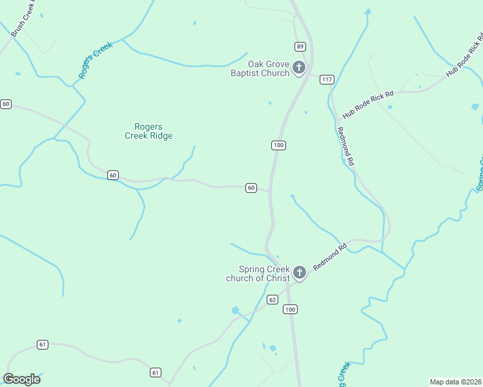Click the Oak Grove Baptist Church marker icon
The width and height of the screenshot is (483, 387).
(299, 67)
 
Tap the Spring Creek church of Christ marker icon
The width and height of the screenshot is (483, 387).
(299, 273)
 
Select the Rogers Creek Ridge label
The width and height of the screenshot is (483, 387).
(149, 131)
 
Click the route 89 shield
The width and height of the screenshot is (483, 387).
(300, 46)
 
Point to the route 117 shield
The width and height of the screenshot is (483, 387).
(327, 79)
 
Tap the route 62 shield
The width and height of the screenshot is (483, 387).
(272, 300)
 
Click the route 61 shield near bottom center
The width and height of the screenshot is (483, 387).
(155, 372)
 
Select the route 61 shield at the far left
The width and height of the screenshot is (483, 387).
(43, 344)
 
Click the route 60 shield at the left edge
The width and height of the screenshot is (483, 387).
(6, 104)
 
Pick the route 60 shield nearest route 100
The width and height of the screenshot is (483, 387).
(251, 188)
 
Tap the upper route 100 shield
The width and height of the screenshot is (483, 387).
(278, 145)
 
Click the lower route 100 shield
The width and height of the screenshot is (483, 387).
(290, 310)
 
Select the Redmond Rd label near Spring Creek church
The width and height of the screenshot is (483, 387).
(330, 257)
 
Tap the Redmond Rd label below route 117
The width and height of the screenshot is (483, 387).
(346, 147)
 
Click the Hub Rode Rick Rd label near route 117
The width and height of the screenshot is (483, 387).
(367, 104)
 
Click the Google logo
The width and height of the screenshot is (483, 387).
(22, 379)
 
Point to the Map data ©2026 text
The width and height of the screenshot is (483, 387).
(455, 382)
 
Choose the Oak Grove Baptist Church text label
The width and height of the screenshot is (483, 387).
(260, 68)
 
